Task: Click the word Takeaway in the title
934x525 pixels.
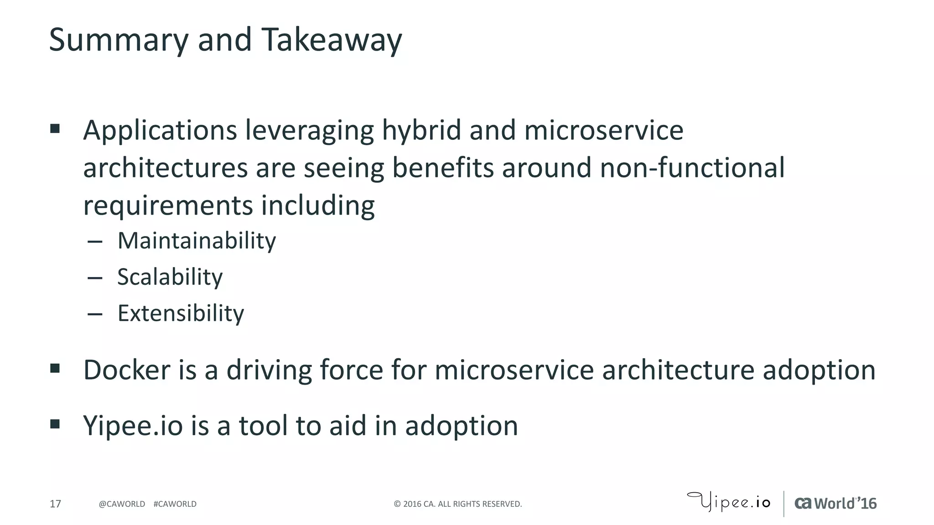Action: [x=332, y=40]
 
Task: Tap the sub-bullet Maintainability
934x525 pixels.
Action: [x=197, y=241]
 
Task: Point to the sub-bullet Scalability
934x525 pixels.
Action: [x=170, y=277]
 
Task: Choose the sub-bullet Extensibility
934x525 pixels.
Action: [x=181, y=314]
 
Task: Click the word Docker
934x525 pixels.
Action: [x=127, y=370]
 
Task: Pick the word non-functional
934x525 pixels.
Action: [x=692, y=168]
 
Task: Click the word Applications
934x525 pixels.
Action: [x=160, y=130]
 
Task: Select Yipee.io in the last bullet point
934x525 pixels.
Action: [x=133, y=426]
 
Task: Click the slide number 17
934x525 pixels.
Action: [x=55, y=504]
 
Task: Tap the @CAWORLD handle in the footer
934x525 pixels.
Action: [x=122, y=504]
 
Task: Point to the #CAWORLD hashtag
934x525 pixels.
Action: [x=175, y=504]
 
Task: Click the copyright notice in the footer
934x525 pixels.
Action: [x=457, y=504]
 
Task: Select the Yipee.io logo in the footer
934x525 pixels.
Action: [x=729, y=502]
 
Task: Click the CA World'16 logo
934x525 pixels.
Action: [x=835, y=503]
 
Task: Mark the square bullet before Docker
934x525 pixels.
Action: [x=55, y=368]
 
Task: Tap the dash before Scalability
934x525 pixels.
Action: [x=95, y=278]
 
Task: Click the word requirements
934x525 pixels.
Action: [x=167, y=206]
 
